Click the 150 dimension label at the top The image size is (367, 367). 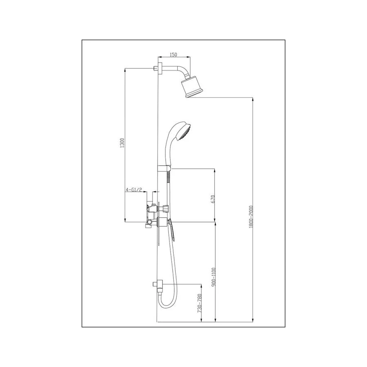click(173, 54)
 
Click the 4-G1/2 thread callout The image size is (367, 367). click(134, 190)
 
